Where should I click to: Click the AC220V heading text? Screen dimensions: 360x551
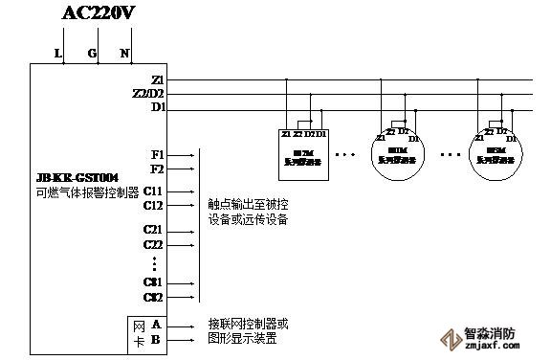click(x=98, y=12)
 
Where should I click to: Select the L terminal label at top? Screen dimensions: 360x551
click(x=58, y=54)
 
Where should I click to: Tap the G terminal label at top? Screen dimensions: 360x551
click(x=93, y=54)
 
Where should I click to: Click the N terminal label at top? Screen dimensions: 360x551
click(x=124, y=54)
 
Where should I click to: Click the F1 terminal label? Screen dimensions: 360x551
click(x=158, y=153)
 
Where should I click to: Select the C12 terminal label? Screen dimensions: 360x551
click(x=154, y=205)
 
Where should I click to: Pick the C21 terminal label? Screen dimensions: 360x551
click(x=154, y=231)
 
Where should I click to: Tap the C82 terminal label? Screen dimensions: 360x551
click(x=154, y=297)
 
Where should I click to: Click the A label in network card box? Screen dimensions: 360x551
click(x=155, y=325)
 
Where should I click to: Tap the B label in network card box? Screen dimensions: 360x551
click(x=155, y=339)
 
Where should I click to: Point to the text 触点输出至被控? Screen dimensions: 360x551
click(x=248, y=204)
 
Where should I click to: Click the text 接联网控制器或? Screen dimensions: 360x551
click(x=248, y=324)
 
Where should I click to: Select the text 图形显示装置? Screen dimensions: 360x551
click(x=242, y=338)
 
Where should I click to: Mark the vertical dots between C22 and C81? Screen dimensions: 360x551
click(x=154, y=263)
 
